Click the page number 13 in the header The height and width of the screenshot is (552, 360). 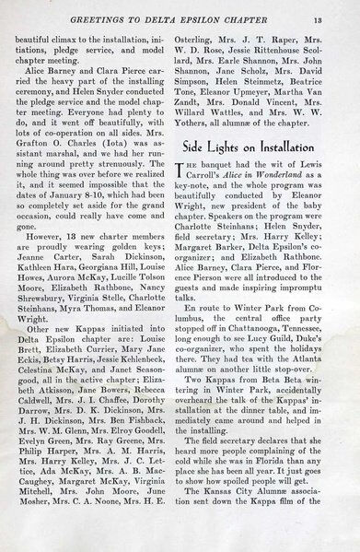tap(340, 10)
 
